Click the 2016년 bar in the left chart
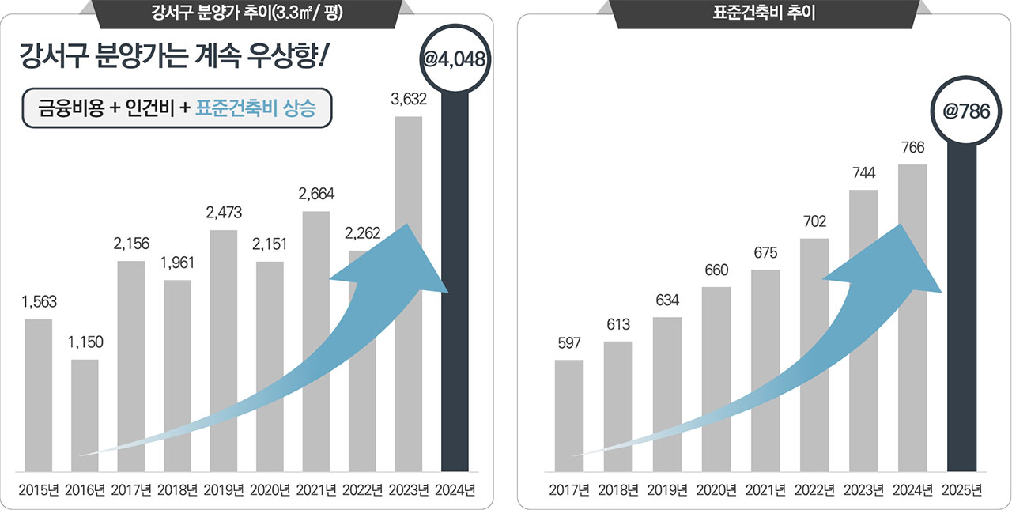pyautogui.click(x=85, y=415)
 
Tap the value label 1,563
pyautogui.click(x=39, y=302)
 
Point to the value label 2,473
pyautogui.click(x=224, y=213)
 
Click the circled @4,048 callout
pyautogui.click(x=454, y=58)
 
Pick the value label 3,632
pyautogui.click(x=409, y=100)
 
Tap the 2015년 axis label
pyautogui.click(x=39, y=490)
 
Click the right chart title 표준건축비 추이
pyautogui.click(x=764, y=13)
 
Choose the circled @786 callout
pyautogui.click(x=961, y=111)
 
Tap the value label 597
pyautogui.click(x=569, y=343)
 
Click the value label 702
pyautogui.click(x=814, y=221)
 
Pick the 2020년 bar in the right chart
pyautogui.click(x=716, y=380)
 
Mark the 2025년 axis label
pyautogui.click(x=961, y=490)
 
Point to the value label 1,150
pyautogui.click(x=85, y=342)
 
